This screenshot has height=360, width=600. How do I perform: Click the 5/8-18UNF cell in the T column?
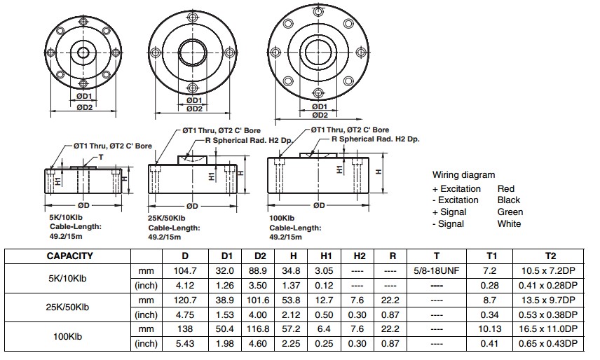[x=436, y=271]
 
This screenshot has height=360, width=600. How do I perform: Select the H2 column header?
[x=360, y=256]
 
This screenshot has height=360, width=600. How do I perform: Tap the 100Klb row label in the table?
[x=67, y=336]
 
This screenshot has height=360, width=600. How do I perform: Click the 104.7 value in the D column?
[x=185, y=271]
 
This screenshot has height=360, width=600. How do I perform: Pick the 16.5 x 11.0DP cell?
[x=548, y=329]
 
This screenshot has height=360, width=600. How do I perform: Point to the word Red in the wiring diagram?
[x=506, y=189]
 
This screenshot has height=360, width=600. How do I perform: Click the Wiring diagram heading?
[x=464, y=175]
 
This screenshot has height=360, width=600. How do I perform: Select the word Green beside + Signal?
[x=510, y=212]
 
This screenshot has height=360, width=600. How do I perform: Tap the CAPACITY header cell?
[x=69, y=256]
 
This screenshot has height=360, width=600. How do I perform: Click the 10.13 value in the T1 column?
[x=489, y=329]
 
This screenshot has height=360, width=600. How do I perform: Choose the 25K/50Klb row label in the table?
[x=67, y=307]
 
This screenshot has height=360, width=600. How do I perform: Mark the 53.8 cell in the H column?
[x=291, y=300]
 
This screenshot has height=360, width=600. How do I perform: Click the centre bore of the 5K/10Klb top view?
[x=83, y=53]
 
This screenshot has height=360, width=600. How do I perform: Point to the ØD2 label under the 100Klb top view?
[x=320, y=115]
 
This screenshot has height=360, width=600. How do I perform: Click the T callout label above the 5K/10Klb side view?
[x=101, y=157]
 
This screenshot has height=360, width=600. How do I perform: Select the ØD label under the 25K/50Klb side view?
[x=193, y=206]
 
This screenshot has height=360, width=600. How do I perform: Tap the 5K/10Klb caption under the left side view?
[x=66, y=217]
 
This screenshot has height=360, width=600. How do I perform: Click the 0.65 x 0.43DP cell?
[x=548, y=344]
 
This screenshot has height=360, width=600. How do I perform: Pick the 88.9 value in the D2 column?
[x=257, y=271]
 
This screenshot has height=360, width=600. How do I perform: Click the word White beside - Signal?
[x=509, y=224]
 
